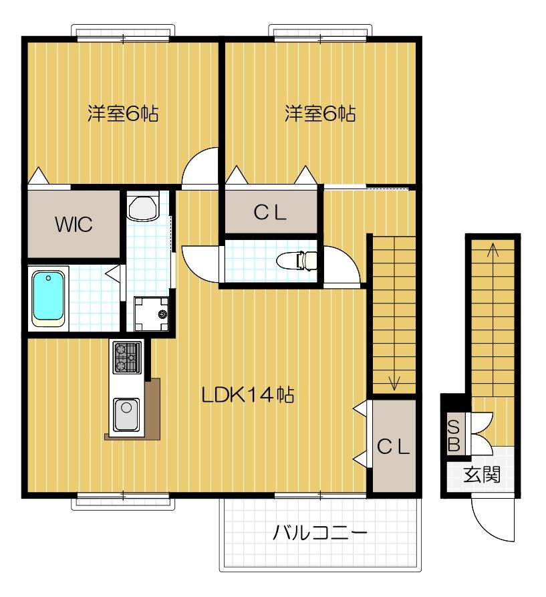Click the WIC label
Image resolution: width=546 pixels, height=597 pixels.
click(x=74, y=223)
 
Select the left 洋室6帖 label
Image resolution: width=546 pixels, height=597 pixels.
click(x=123, y=114)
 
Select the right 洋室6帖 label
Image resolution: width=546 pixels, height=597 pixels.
click(x=320, y=114)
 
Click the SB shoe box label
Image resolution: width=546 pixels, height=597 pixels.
click(x=453, y=435)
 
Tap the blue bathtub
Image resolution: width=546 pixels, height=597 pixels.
click(x=49, y=297)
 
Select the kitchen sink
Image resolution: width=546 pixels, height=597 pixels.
click(x=125, y=414)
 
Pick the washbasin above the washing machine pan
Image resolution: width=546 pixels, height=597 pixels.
click(x=142, y=207)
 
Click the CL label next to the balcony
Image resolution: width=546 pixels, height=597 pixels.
click(x=392, y=447)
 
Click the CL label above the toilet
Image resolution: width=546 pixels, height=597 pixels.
click(x=271, y=213)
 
